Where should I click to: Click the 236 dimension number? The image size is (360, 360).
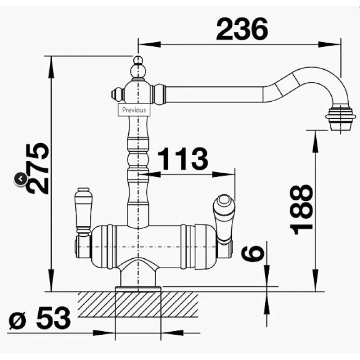pyautogui.click(x=242, y=29)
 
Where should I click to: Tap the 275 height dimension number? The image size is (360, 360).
pyautogui.click(x=38, y=169)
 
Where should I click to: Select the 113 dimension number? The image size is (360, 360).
pyautogui.click(x=183, y=158)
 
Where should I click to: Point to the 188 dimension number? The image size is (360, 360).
pyautogui.click(x=301, y=210)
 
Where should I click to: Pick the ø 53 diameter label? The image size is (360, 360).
pyautogui.click(x=40, y=318)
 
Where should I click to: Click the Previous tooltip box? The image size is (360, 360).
pyautogui.click(x=134, y=110)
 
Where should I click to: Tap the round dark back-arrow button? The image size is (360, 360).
pyautogui.click(x=21, y=179)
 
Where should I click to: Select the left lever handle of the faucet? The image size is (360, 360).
pyautogui.click(x=83, y=211)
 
